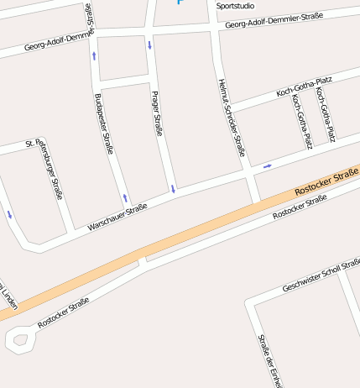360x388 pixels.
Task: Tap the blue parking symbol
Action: (180, 2)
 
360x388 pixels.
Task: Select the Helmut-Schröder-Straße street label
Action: (231, 118)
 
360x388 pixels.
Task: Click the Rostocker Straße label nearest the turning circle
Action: (63, 312)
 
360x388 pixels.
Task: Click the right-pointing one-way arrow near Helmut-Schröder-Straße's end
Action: (268, 166)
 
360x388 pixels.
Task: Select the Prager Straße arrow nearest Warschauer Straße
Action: (173, 188)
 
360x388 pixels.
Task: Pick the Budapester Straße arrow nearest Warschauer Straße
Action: (125, 199)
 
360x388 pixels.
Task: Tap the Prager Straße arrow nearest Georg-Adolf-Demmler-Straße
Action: (149, 45)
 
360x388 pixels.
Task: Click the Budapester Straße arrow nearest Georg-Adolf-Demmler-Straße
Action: (94, 56)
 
